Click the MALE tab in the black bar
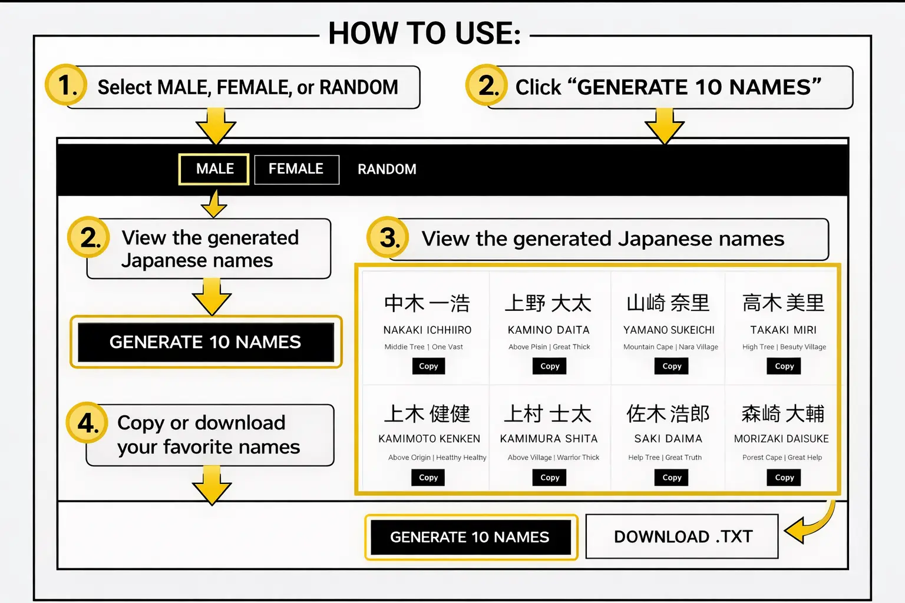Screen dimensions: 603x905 pyautogui.click(x=214, y=169)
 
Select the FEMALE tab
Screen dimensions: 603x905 pyautogui.click(x=296, y=169)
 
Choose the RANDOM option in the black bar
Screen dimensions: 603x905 pyautogui.click(x=387, y=170)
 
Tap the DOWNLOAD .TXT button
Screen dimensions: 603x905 pyautogui.click(x=682, y=536)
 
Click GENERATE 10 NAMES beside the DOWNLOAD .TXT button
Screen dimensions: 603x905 pyautogui.click(x=470, y=537)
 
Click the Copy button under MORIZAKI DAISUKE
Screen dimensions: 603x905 pyautogui.click(x=784, y=478)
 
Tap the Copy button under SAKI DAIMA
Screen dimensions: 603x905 pyautogui.click(x=671, y=478)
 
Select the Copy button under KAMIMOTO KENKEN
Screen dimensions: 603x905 pyautogui.click(x=428, y=478)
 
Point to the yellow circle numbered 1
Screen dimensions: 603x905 pyautogui.click(x=66, y=85)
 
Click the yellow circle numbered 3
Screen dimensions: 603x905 pyautogui.click(x=388, y=238)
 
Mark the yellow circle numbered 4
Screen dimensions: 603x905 pyautogui.click(x=87, y=423)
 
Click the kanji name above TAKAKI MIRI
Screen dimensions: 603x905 pyautogui.click(x=783, y=303)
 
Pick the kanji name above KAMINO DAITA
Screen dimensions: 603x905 pyautogui.click(x=548, y=303)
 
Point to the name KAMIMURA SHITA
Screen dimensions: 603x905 pyautogui.click(x=549, y=439)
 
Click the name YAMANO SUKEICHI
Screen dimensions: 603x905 pyautogui.click(x=669, y=330)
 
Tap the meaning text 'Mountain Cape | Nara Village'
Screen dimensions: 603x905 pyautogui.click(x=671, y=347)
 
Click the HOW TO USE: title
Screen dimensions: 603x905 pyautogui.click(x=424, y=33)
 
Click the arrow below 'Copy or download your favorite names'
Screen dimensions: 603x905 pyautogui.click(x=212, y=485)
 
